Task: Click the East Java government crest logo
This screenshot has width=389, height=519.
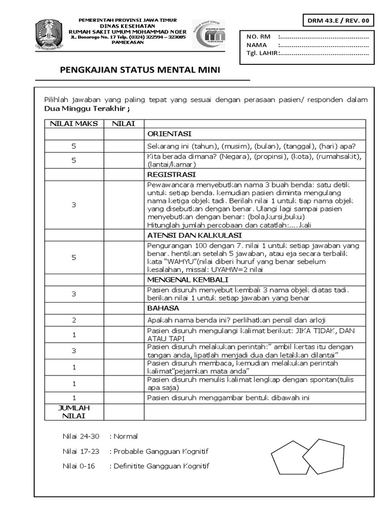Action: point(49,34)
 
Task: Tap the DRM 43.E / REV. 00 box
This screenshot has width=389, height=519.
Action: point(339,21)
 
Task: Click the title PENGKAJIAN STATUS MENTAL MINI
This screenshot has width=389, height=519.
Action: point(140,70)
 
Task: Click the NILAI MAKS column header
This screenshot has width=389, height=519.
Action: point(73,124)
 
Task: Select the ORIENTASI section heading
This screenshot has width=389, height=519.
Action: point(169,134)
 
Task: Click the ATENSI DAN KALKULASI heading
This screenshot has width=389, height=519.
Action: point(194,235)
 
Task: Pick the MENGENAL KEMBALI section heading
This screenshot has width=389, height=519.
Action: point(187,279)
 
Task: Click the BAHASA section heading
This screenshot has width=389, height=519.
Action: point(163,308)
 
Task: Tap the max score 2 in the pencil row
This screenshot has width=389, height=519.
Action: point(73,320)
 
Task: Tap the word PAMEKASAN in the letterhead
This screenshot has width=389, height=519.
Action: point(127,43)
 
